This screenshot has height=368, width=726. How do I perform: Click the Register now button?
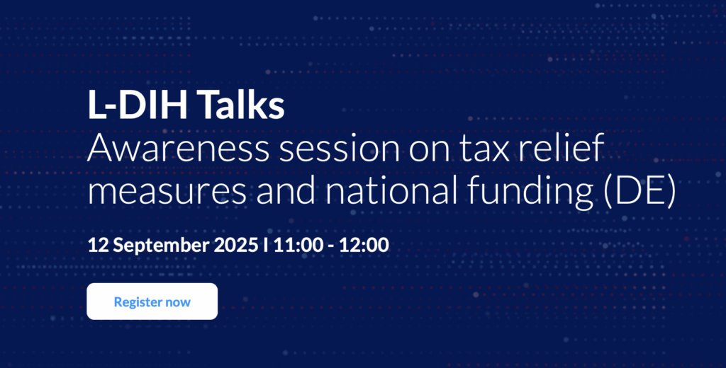(152, 301)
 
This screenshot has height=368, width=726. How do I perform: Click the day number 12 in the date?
(98, 245)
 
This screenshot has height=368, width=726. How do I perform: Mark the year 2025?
(235, 245)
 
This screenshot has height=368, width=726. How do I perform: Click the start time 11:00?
(298, 245)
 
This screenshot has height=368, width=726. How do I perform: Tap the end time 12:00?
(364, 245)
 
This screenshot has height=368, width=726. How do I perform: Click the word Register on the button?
(138, 302)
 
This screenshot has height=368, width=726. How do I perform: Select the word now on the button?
(178, 303)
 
